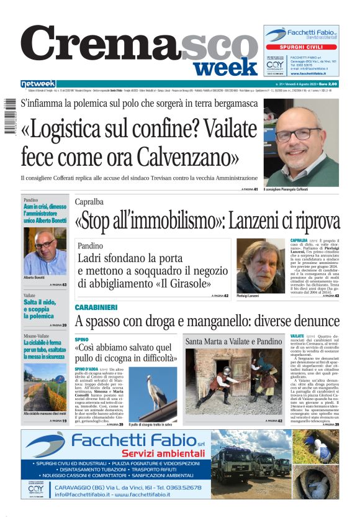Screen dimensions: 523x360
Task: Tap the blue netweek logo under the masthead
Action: (x=38, y=84)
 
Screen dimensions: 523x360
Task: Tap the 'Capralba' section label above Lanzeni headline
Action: (x=89, y=202)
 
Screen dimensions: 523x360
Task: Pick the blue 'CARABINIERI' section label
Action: (x=96, y=307)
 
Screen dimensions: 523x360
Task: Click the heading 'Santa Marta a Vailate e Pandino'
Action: (x=233, y=342)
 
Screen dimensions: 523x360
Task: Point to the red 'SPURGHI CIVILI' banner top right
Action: (x=300, y=47)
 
